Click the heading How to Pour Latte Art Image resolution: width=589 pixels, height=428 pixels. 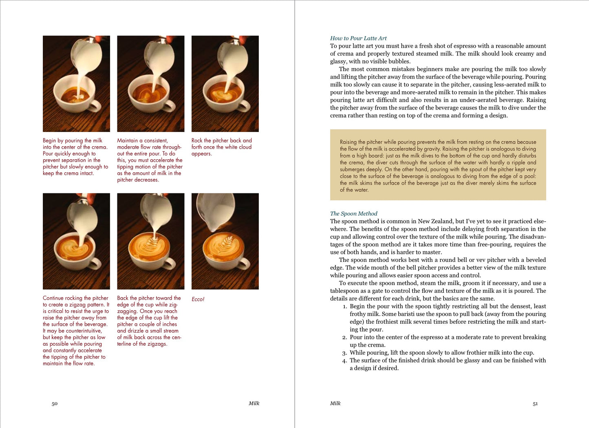pyautogui.click(x=358, y=38)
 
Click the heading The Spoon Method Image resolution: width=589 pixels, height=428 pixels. pyautogui.click(x=353, y=213)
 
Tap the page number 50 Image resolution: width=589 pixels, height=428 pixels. pyautogui.click(x=55, y=404)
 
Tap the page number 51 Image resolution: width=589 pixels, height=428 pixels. pyautogui.click(x=535, y=404)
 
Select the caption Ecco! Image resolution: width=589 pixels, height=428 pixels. pyautogui.click(x=198, y=299)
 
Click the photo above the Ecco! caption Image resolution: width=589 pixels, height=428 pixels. pyautogui.click(x=225, y=241)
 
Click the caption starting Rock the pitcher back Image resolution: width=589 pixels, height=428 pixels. pyautogui.click(x=221, y=147)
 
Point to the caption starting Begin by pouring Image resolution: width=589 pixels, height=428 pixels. pyautogui.click(x=75, y=157)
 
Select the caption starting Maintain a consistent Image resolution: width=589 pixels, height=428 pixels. pyautogui.click(x=150, y=160)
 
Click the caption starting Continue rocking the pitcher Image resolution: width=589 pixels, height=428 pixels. pyautogui.click(x=76, y=331)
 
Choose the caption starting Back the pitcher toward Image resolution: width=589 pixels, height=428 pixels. pyautogui.click(x=149, y=321)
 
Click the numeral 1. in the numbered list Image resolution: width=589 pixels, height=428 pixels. pyautogui.click(x=345, y=307)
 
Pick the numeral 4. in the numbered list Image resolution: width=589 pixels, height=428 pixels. pyautogui.click(x=345, y=361)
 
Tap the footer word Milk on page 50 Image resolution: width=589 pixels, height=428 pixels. pyautogui.click(x=254, y=403)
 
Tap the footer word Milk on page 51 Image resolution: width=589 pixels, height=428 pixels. pyautogui.click(x=335, y=403)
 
